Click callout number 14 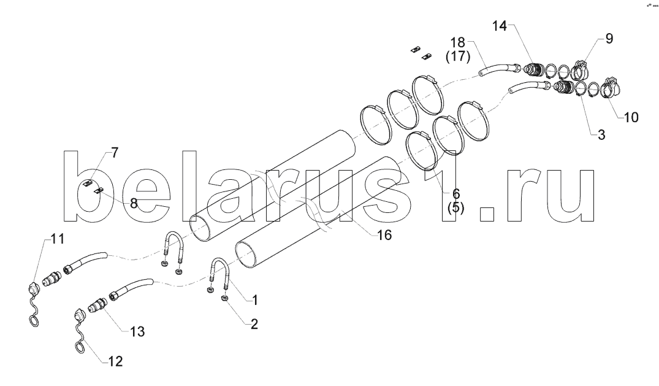(x=500, y=26)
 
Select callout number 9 (x=609, y=39)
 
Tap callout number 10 (x=631, y=117)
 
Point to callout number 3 (x=601, y=134)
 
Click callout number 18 (x=459, y=43)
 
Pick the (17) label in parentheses (x=459, y=58)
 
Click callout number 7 (x=134, y=203)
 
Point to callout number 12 (x=137, y=332)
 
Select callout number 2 (x=455, y=207)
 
